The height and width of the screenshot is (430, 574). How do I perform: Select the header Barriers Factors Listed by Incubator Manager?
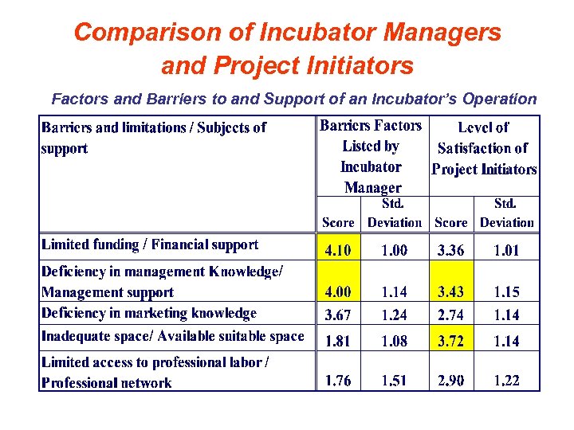(371, 156)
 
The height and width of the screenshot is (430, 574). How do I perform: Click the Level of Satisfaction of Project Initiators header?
(484, 148)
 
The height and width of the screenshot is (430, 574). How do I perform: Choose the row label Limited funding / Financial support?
(150, 245)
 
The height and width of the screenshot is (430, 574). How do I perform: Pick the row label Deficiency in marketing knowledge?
(149, 313)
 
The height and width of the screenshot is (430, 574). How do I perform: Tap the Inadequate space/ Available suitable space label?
(173, 336)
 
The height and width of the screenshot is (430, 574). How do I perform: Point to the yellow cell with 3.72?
(451, 340)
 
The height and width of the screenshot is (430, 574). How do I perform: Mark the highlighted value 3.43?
(451, 292)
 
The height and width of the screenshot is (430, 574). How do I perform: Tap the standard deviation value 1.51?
(394, 380)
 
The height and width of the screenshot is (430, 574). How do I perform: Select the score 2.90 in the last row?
(451, 380)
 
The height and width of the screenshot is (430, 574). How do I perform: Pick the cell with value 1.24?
(394, 315)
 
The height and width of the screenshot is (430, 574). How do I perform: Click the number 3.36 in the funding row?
(451, 250)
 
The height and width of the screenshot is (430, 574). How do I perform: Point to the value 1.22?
(506, 380)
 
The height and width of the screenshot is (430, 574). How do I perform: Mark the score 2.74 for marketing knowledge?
(451, 315)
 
